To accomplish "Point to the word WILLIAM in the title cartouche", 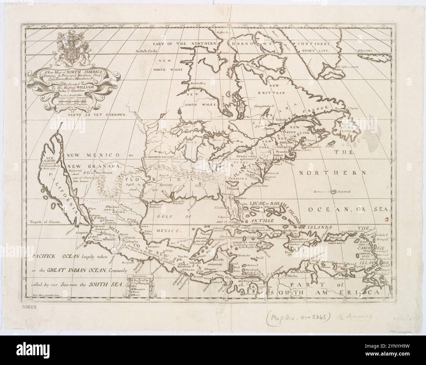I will pos(83,88).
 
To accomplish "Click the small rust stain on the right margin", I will pos(387,217).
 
